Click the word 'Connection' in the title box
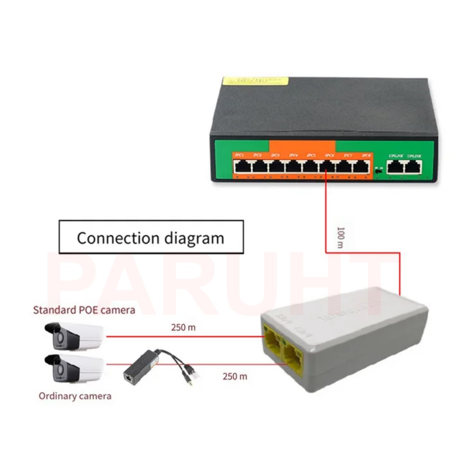pyautogui.click(x=118, y=238)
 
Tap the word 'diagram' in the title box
pyautogui.click(x=194, y=238)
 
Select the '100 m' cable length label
pyautogui.click(x=341, y=237)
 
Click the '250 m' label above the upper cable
pyautogui.click(x=183, y=328)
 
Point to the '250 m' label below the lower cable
pyautogui.click(x=235, y=376)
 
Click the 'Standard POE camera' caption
pyautogui.click(x=84, y=310)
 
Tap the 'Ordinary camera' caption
pyautogui.click(x=75, y=396)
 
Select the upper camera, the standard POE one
pyautogui.click(x=74, y=336)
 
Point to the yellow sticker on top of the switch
pyautogui.click(x=255, y=81)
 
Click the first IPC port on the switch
pyautogui.click(x=240, y=166)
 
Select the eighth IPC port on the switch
pyautogui.click(x=362, y=166)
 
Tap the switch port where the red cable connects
pyautogui.click(x=326, y=166)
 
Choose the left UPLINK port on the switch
pyautogui.click(x=395, y=166)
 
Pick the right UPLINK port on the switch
pyautogui.click(x=413, y=166)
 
